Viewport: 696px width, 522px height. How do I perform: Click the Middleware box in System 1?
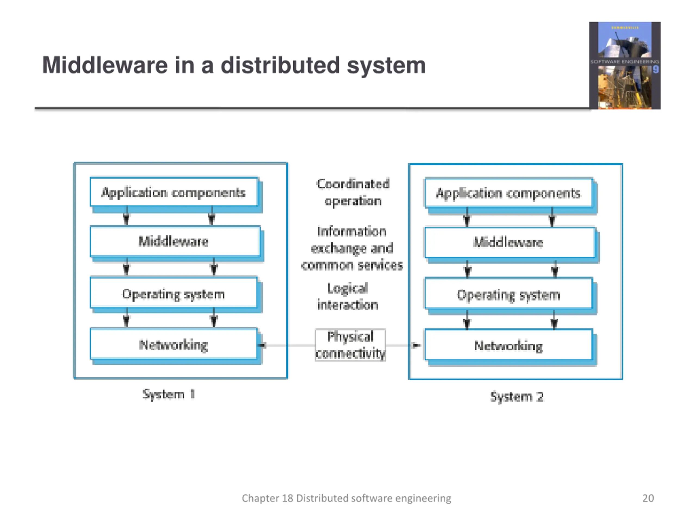[175, 241]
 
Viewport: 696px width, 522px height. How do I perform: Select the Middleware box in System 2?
[509, 242]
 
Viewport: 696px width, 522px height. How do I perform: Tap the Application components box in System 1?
[174, 192]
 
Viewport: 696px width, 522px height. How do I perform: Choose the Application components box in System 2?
[508, 193]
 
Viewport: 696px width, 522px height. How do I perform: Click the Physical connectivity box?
[350, 345]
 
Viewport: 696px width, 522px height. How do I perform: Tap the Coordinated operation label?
[353, 192]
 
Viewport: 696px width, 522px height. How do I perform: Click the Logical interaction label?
[348, 296]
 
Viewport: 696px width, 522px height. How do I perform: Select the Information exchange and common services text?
[352, 248]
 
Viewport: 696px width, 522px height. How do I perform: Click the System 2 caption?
[517, 396]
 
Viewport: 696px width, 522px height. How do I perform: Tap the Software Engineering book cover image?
[624, 66]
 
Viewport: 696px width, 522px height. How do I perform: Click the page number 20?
[648, 498]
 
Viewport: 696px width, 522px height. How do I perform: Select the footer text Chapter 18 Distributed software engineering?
[346, 498]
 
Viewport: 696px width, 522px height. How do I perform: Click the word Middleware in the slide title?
[105, 66]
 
